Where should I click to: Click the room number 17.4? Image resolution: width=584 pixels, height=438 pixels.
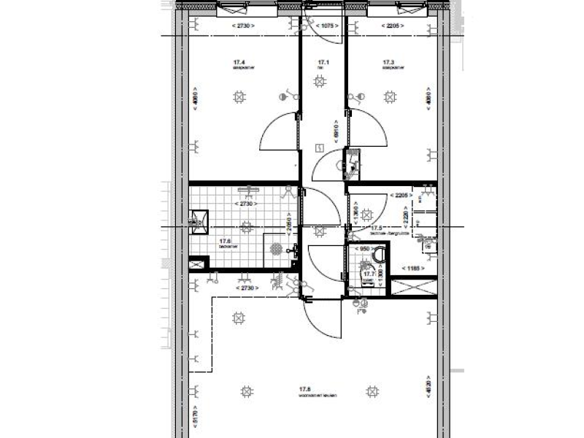[239, 63]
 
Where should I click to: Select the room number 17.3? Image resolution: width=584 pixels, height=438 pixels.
[388, 63]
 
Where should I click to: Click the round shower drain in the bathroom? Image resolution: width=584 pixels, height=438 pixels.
[276, 248]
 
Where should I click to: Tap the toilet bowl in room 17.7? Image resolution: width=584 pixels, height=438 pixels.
[377, 256]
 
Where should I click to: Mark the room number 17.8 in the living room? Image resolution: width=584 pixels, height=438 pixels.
[304, 389]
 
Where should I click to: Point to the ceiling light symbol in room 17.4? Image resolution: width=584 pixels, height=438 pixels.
[238, 96]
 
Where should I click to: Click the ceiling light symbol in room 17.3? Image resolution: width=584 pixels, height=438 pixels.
[390, 96]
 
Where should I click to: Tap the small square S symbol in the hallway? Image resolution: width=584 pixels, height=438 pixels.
[319, 148]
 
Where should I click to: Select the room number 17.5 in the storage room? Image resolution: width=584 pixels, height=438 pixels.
[377, 228]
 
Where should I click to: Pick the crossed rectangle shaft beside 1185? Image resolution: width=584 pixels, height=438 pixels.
[412, 287]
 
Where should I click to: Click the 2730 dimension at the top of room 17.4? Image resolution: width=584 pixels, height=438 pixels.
[242, 26]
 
